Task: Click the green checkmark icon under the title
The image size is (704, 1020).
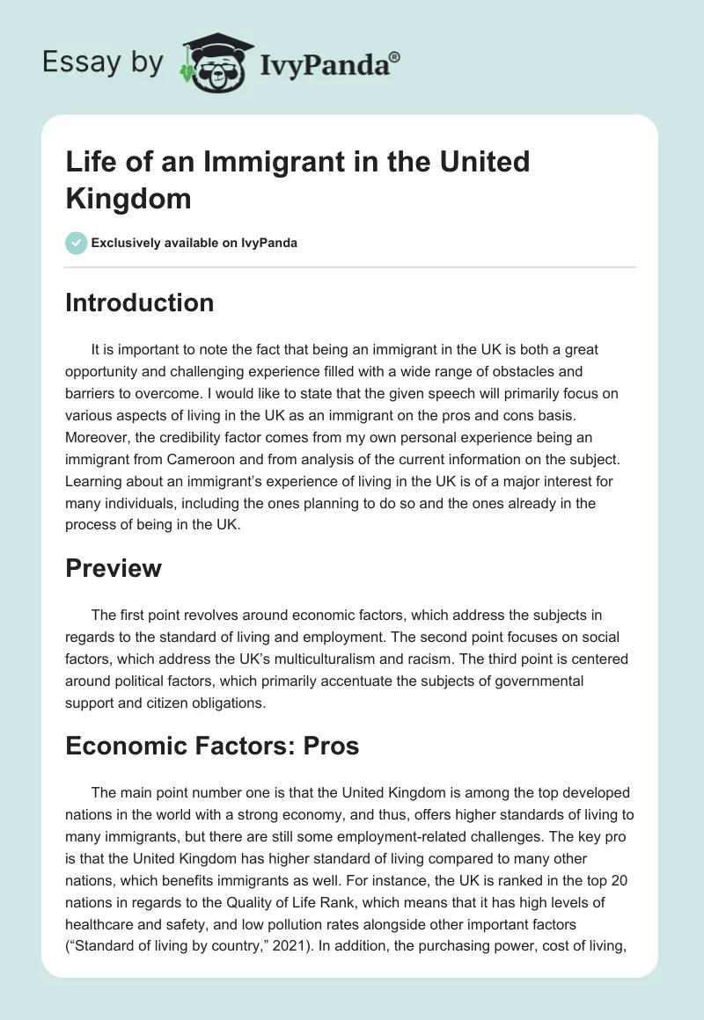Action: point(77,243)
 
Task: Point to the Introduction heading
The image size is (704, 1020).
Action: point(140,302)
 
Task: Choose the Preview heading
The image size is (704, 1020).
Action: point(114,568)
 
